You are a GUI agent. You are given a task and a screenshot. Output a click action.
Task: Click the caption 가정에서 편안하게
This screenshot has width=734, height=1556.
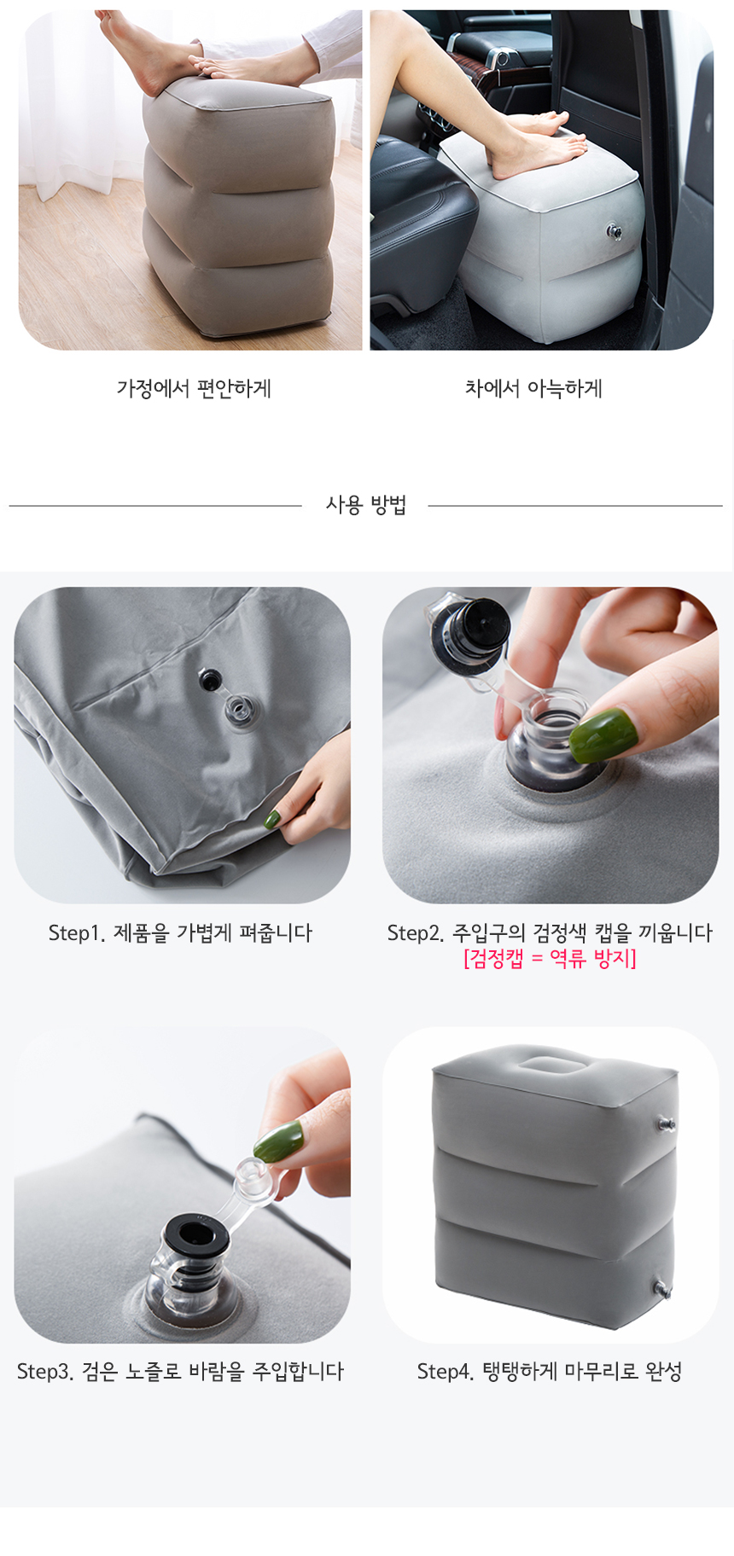pyautogui.click(x=194, y=389)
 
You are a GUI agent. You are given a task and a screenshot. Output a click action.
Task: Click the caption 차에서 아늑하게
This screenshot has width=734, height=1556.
pyautogui.click(x=533, y=389)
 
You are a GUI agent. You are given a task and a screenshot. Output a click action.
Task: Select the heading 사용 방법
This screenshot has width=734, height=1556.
pyautogui.click(x=365, y=505)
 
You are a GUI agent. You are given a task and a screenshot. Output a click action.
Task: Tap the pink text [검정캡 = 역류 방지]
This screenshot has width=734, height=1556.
pyautogui.click(x=550, y=958)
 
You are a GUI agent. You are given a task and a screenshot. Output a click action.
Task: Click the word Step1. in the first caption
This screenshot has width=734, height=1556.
pyautogui.click(x=77, y=933)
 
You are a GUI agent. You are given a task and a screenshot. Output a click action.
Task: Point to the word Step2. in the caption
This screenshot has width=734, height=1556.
pyautogui.click(x=416, y=933)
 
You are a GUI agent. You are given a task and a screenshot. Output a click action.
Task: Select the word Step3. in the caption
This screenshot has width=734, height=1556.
pyautogui.click(x=46, y=1372)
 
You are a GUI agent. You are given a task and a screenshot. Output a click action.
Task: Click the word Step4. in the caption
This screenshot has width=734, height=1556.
pyautogui.click(x=446, y=1372)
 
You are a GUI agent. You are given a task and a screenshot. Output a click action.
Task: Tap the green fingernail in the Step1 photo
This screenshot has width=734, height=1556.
pyautogui.click(x=272, y=819)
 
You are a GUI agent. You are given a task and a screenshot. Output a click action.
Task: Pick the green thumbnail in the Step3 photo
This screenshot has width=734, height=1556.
pyautogui.click(x=278, y=1140)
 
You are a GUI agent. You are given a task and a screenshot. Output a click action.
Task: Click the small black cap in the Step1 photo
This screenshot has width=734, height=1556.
pyautogui.click(x=210, y=680)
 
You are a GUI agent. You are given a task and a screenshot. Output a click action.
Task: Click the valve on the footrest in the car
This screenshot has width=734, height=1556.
pyautogui.click(x=614, y=230)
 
